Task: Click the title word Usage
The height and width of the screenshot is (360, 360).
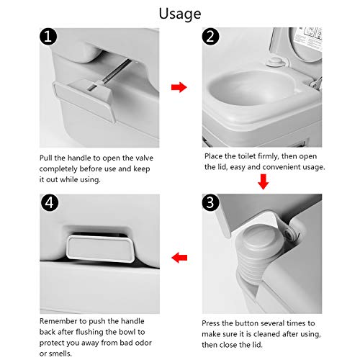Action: (x=179, y=13)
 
